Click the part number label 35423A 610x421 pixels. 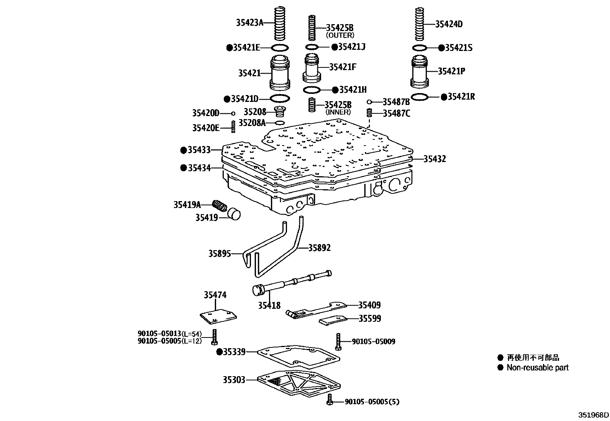[x=249, y=23]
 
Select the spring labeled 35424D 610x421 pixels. [x=421, y=24]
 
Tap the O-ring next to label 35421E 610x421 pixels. [x=280, y=48]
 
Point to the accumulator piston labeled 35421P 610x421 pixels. [x=420, y=72]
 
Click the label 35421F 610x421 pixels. [x=343, y=67]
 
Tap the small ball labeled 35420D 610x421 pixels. [x=233, y=113]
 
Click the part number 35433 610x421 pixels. [x=199, y=150]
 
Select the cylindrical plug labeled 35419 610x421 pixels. [x=234, y=214]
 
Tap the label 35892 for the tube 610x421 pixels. [x=319, y=247]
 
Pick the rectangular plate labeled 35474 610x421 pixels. [x=218, y=316]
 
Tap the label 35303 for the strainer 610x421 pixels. [x=234, y=380]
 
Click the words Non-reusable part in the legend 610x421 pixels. [x=537, y=368]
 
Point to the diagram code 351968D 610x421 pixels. [x=593, y=415]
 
